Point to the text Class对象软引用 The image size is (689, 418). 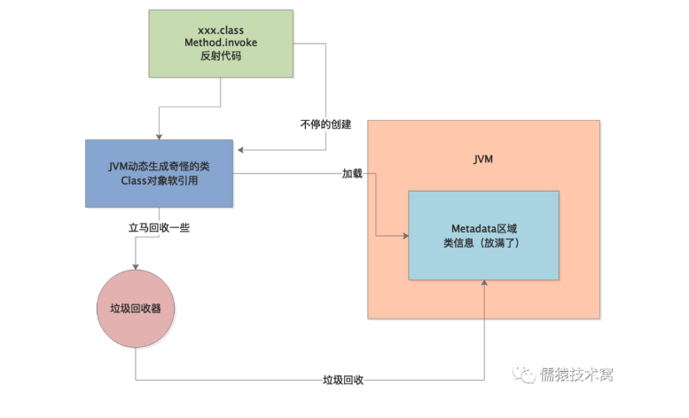click(x=160, y=182)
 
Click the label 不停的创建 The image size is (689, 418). click(x=325, y=124)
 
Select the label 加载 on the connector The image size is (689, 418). click(x=352, y=173)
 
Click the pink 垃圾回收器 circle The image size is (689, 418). click(x=136, y=309)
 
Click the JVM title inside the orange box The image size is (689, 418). click(x=483, y=160)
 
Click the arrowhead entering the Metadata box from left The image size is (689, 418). click(x=404, y=235)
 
